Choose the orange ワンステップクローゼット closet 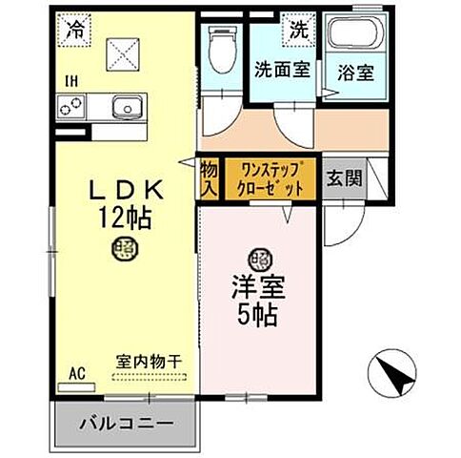(271, 177)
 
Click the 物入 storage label (210, 178)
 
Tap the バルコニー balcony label (126, 422)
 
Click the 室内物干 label (149, 363)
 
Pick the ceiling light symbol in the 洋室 (258, 257)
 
